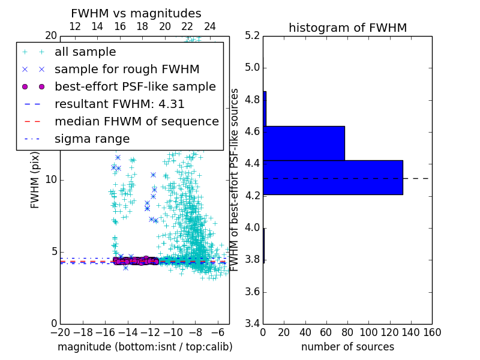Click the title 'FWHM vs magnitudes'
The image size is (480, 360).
point(136,13)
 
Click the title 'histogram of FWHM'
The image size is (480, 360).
point(347,28)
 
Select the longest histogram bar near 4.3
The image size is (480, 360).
point(332,178)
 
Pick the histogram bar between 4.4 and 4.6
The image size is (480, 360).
point(304,143)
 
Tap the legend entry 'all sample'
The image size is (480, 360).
point(85,52)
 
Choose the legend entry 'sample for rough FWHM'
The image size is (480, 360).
point(127,70)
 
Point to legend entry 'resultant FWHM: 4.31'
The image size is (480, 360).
point(119,104)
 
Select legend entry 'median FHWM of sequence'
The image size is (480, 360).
point(136,122)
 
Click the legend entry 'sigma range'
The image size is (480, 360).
point(92,139)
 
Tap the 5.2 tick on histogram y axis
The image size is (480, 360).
point(252,35)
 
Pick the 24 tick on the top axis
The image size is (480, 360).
point(210,27)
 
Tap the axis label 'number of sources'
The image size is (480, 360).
point(347,347)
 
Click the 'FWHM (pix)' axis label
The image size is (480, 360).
point(35,180)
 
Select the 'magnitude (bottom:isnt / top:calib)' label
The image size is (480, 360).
point(145,347)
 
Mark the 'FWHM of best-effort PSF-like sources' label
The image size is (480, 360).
point(235,180)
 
